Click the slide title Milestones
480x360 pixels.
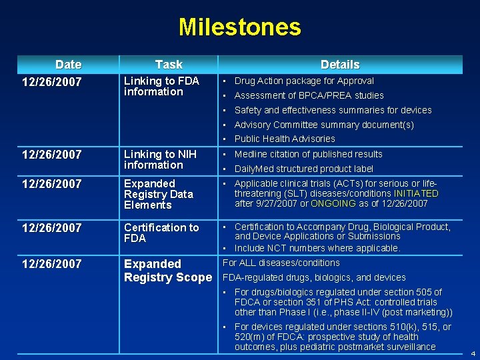click(240, 27)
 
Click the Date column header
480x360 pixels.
click(68, 65)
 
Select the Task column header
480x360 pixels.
click(169, 65)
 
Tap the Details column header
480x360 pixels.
click(340, 65)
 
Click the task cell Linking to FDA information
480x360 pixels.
click(161, 87)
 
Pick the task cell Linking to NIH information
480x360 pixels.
click(160, 160)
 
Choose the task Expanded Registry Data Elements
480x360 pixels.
click(159, 194)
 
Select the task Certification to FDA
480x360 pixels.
click(161, 233)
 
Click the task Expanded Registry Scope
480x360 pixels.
click(167, 271)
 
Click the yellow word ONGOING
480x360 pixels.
click(333, 204)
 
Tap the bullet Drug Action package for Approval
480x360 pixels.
click(304, 81)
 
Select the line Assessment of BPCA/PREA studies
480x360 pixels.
click(309, 95)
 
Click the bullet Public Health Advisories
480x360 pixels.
click(285, 139)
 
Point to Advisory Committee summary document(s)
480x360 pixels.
click(324, 125)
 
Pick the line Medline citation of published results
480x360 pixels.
click(308, 154)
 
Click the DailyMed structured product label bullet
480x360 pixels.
click(303, 169)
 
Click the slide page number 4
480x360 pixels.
click(473, 353)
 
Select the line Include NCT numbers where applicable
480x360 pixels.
click(317, 248)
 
